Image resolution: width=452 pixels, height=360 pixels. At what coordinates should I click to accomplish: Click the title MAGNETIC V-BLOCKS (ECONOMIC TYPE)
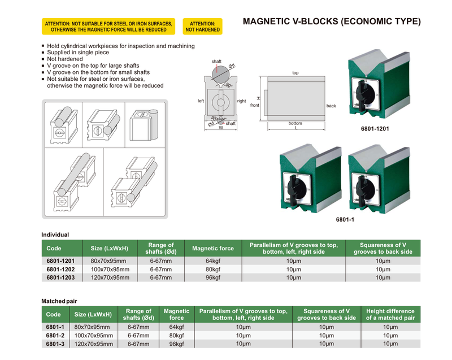point(332,22)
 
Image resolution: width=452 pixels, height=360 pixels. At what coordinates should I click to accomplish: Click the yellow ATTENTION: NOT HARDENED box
point(203,26)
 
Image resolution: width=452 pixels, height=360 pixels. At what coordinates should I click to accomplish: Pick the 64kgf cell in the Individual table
point(213,261)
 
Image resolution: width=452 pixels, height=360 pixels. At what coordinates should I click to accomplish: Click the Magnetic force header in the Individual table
point(213,248)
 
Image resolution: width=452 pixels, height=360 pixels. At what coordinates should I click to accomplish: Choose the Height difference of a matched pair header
point(390,314)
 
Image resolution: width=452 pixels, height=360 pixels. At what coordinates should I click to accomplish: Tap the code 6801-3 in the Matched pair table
point(55,343)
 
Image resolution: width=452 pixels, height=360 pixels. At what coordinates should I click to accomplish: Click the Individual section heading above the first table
point(55,235)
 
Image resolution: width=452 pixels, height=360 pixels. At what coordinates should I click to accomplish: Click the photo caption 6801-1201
point(375,128)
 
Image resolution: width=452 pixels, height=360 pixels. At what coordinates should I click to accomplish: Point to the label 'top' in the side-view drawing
point(295,73)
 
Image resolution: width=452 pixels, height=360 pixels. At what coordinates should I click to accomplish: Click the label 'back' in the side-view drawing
point(331,106)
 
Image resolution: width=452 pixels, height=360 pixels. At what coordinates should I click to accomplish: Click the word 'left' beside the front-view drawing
point(201,101)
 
